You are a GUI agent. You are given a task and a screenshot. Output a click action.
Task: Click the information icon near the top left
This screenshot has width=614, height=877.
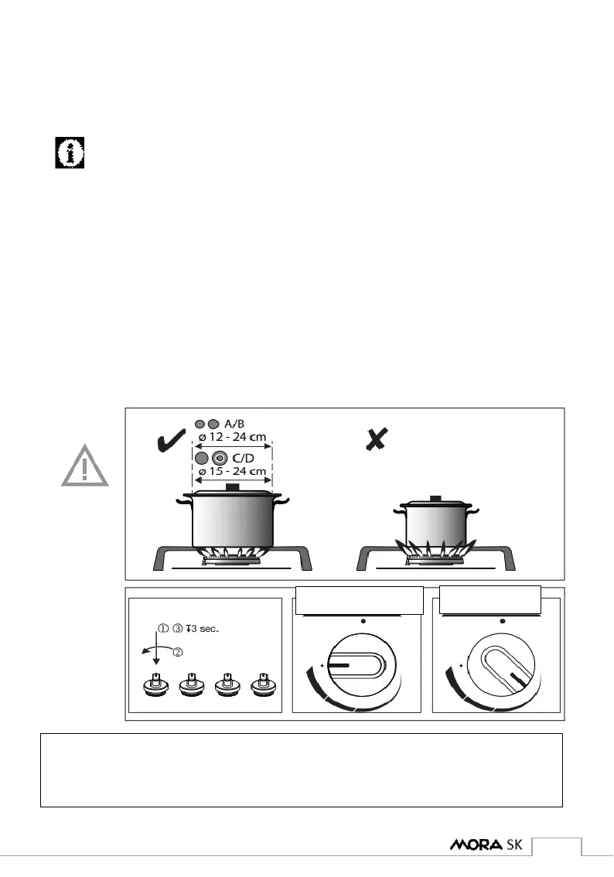pyautogui.click(x=70, y=153)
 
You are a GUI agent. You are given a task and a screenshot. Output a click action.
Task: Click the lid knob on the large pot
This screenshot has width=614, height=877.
pyautogui.click(x=231, y=486)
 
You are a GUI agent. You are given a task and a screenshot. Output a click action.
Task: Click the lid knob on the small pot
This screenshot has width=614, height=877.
pyautogui.click(x=435, y=498)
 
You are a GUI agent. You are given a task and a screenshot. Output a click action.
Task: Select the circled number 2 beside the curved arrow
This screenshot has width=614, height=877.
pyautogui.click(x=178, y=652)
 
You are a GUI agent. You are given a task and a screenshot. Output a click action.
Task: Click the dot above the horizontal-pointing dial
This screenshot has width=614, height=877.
pyautogui.click(x=363, y=621)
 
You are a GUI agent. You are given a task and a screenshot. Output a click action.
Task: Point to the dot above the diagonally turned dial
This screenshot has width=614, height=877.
pyautogui.click(x=503, y=621)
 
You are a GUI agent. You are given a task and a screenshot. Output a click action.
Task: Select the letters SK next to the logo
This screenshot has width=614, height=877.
pyautogui.click(x=515, y=845)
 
